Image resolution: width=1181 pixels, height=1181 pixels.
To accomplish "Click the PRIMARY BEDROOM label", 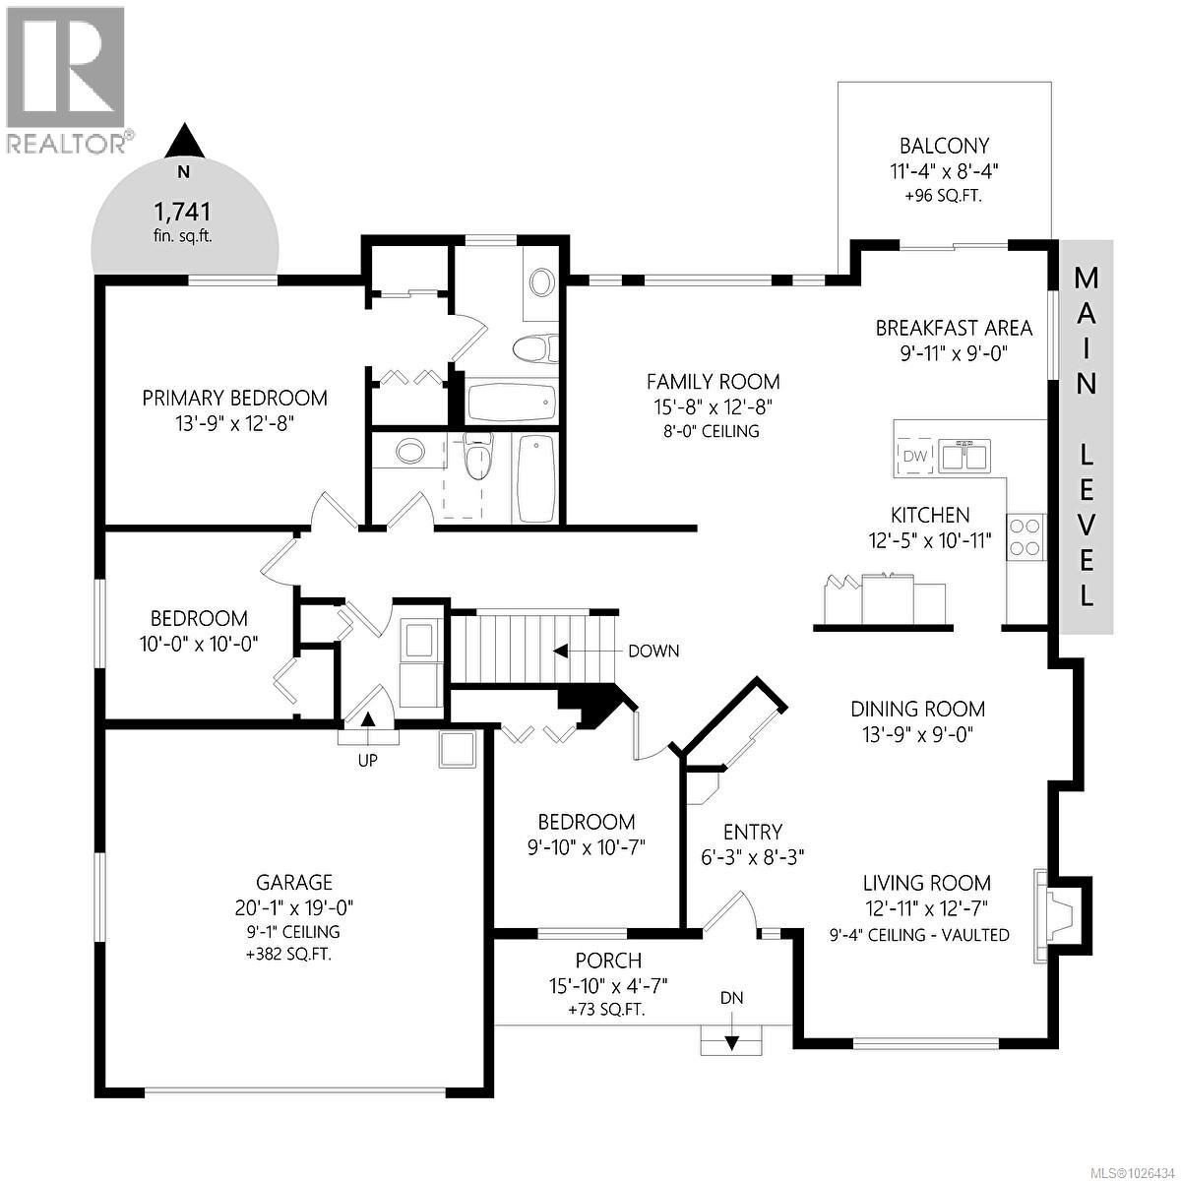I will (234, 398).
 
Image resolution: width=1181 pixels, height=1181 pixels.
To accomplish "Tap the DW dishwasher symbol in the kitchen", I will (914, 456).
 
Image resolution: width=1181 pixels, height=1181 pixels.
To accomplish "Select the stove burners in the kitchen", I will (1025, 536).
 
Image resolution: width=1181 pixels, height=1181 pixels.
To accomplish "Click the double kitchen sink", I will (963, 457).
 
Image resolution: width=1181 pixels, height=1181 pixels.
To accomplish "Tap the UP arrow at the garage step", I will (368, 718).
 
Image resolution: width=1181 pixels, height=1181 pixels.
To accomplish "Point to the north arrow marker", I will (183, 143).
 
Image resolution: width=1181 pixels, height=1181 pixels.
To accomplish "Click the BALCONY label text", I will (944, 146).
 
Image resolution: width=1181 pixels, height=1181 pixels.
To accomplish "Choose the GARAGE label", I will (294, 883).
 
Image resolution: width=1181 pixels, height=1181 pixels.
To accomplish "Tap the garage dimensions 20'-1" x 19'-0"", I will (294, 907).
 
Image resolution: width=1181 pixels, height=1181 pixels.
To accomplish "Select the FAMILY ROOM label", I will (713, 382).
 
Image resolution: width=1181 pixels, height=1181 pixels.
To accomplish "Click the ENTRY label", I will (752, 832).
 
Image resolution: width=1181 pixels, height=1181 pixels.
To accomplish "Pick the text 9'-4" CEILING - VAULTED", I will (919, 934).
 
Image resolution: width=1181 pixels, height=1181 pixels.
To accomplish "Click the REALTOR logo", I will (66, 79).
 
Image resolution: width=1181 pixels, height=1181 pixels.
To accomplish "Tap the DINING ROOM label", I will (917, 709).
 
